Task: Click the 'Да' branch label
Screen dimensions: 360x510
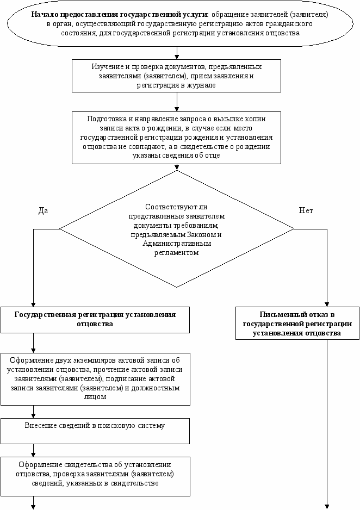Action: (43, 210)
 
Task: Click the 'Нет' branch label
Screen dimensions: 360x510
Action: (306, 210)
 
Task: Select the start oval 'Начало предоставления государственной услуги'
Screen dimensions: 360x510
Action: (180, 24)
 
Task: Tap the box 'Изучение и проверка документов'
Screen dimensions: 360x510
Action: (176, 76)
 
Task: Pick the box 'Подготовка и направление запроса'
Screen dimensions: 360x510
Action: (176, 138)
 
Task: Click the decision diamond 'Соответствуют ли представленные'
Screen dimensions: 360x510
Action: (177, 229)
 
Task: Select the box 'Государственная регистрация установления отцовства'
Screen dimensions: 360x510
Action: (95, 320)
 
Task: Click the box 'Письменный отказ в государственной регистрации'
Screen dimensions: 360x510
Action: (297, 324)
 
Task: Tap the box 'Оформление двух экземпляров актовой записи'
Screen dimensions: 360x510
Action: (95, 380)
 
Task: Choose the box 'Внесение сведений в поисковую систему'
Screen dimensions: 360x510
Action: (95, 431)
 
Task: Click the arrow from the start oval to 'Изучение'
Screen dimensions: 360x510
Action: (177, 53)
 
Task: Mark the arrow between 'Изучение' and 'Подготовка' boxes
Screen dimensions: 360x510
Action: (177, 102)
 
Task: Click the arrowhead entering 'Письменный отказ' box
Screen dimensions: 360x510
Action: (327, 305)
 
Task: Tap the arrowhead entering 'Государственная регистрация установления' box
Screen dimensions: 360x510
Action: (33, 305)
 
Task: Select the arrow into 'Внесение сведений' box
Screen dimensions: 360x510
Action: (33, 412)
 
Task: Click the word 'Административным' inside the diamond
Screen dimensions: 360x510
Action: (177, 243)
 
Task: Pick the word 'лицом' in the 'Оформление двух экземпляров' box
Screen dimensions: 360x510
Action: (95, 397)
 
